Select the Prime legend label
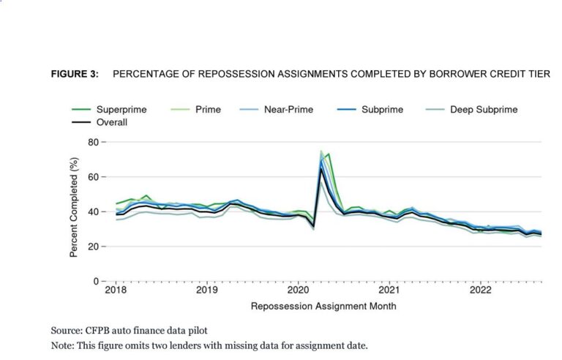pos(208,110)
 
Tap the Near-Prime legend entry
pos(288,110)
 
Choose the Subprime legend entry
pos(381,110)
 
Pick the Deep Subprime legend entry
pos(484,110)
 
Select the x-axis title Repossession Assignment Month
pos(323,306)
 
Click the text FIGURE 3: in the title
pos(75,75)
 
